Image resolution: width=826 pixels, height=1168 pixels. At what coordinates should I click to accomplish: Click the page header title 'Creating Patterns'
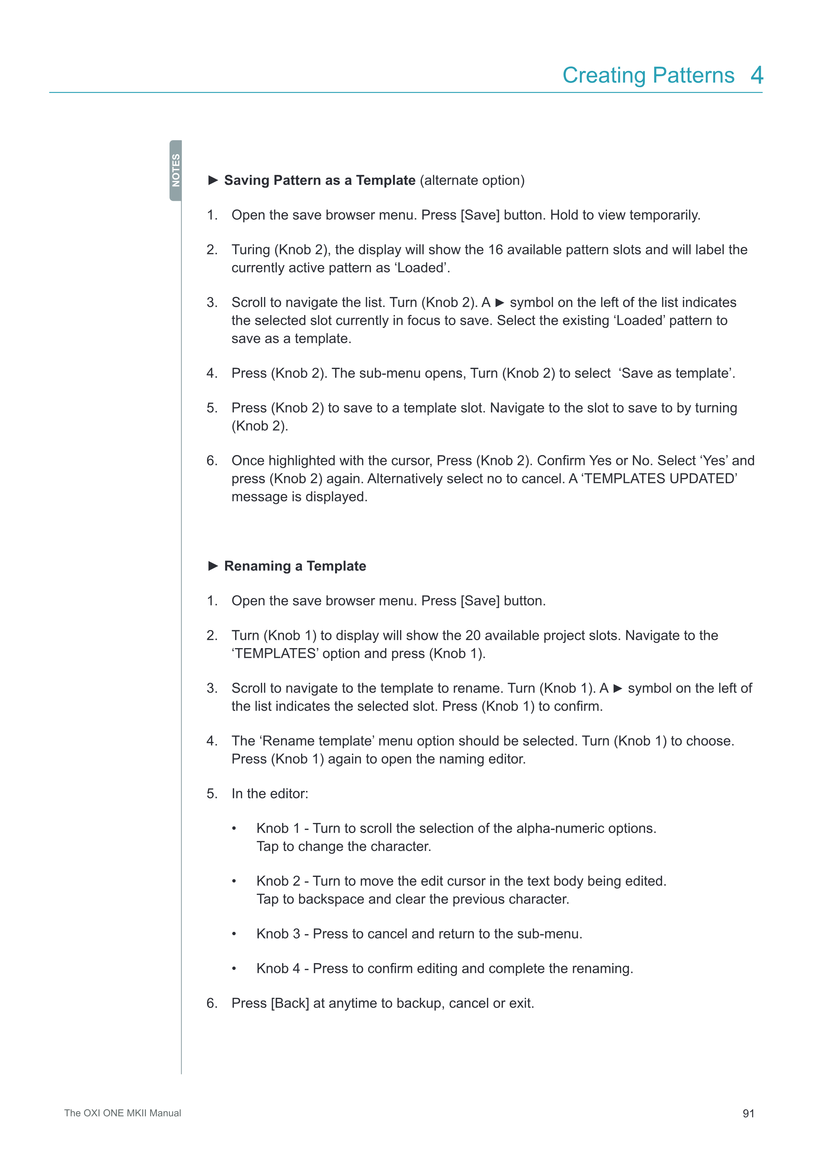pos(648,75)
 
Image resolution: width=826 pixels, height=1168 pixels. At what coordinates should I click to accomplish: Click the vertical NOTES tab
pos(176,171)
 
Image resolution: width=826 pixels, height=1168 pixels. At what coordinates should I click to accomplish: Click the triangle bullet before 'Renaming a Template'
pos(213,566)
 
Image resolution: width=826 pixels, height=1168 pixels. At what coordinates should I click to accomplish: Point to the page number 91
pos(748,1114)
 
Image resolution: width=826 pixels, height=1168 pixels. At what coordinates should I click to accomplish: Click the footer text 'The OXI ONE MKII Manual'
pos(123,1113)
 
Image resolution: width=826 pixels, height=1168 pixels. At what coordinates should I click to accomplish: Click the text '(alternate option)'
pos(473,181)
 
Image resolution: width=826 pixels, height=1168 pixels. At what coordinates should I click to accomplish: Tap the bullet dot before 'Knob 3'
pos(234,934)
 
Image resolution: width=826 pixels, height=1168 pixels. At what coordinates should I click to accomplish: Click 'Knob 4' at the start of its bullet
pos(278,969)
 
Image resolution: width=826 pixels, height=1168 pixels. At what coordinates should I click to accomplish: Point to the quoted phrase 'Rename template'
pos(318,741)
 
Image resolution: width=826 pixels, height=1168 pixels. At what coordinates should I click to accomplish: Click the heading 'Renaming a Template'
pos(295,566)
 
